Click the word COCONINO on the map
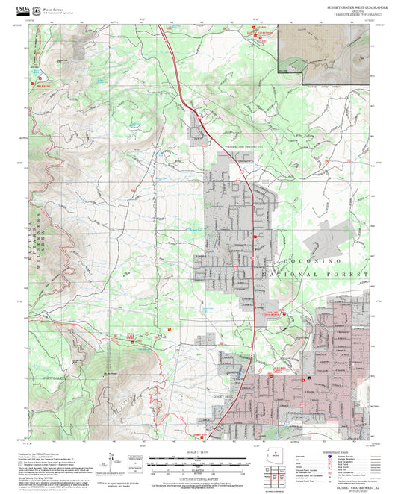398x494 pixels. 311,263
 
